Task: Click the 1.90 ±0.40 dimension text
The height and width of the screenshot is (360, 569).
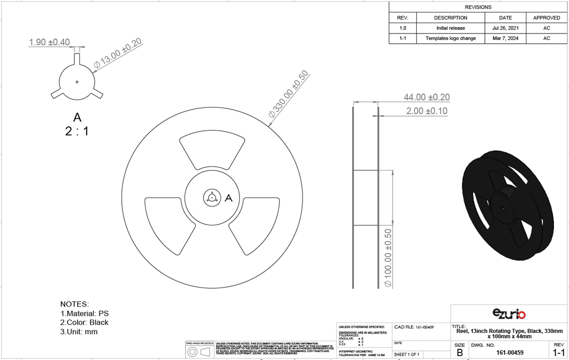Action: click(49, 42)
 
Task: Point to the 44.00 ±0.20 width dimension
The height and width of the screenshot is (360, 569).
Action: click(427, 97)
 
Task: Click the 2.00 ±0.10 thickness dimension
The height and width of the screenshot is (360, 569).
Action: click(427, 111)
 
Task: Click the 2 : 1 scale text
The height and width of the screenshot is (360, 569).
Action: click(77, 131)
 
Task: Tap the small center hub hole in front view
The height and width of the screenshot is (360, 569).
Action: click(212, 198)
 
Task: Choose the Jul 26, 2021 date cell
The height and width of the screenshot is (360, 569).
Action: click(505, 28)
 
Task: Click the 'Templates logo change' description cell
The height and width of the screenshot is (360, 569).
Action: click(450, 38)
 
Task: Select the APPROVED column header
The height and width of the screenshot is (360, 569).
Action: click(546, 18)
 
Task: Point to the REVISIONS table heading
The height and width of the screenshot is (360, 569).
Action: click(478, 7)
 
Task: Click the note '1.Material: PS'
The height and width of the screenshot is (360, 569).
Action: click(84, 313)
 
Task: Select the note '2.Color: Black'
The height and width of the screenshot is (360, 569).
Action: click(84, 322)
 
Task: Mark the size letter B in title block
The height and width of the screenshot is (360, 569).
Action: click(460, 352)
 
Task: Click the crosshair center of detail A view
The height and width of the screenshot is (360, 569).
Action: click(77, 82)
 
